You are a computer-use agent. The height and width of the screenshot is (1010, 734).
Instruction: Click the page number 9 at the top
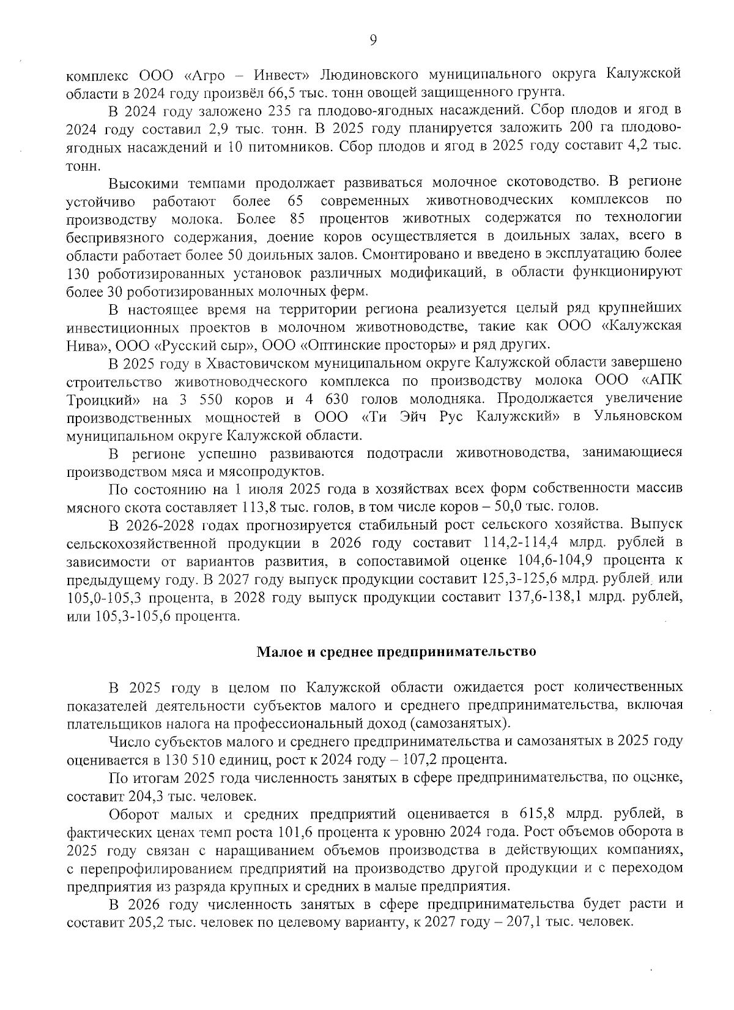(x=373, y=40)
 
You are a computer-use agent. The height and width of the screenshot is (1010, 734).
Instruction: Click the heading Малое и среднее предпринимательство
(x=396, y=651)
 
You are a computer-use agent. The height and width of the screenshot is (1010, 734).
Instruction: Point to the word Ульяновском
(x=638, y=417)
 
